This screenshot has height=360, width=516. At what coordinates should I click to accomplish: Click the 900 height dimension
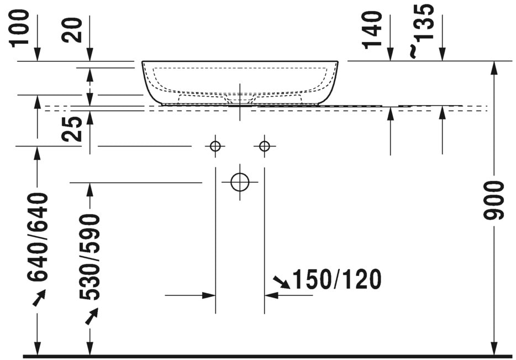[494, 200]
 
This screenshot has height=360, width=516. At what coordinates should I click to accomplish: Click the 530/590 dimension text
[89, 257]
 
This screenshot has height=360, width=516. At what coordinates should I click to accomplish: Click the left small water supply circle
[215, 146]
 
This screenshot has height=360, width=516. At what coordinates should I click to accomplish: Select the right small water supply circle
[265, 146]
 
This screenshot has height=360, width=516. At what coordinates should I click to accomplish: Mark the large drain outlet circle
[240, 182]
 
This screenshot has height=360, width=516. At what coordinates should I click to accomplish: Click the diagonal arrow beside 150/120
[281, 283]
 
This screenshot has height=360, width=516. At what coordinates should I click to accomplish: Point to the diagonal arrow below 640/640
[39, 299]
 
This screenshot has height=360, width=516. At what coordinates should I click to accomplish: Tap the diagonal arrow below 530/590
[91, 316]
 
